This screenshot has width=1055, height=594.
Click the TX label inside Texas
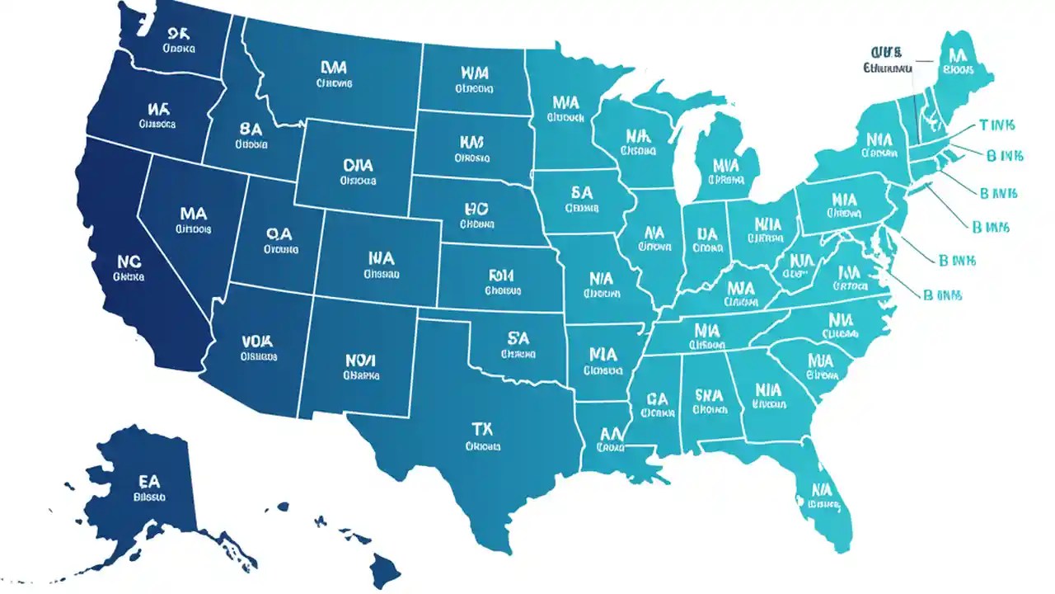click(x=482, y=429)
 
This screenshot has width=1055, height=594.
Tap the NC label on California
click(x=130, y=262)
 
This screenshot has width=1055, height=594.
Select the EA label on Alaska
click(x=149, y=481)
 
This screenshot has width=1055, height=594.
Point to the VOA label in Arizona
click(x=258, y=340)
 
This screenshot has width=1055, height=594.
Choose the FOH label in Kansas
click(x=502, y=275)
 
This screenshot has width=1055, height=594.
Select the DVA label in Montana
click(x=335, y=67)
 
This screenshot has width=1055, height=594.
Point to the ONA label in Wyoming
click(x=357, y=165)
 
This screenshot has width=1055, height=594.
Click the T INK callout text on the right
click(x=997, y=125)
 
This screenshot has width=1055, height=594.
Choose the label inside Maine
click(x=957, y=55)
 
